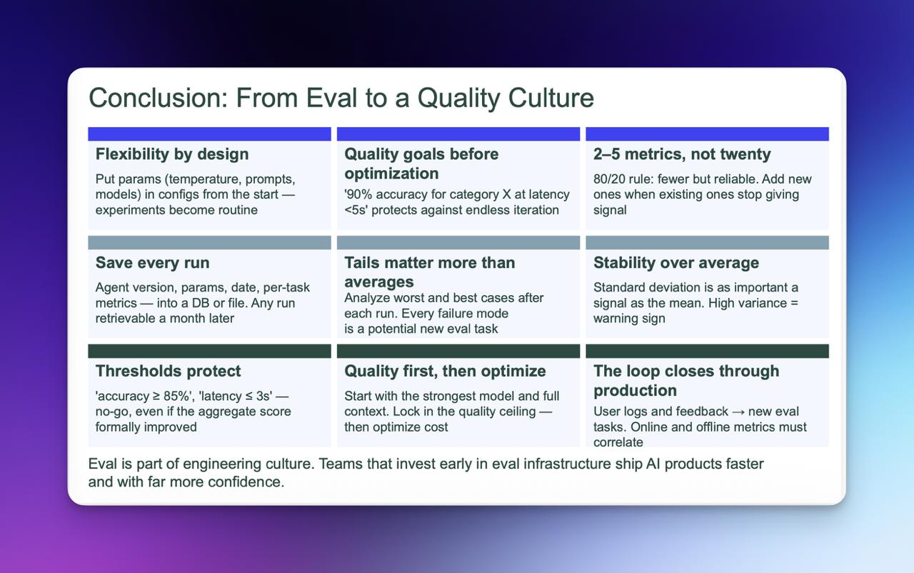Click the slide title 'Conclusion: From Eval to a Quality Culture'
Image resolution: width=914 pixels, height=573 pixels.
(x=341, y=98)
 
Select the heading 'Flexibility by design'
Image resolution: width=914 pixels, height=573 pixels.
(x=172, y=154)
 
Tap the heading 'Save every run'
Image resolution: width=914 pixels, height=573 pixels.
(x=152, y=262)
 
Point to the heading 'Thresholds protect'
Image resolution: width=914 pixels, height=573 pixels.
(x=168, y=371)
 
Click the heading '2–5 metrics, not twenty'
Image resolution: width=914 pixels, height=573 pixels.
(x=682, y=154)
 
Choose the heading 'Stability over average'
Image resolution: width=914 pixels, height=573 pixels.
(x=676, y=262)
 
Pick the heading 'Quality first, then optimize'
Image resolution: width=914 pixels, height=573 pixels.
(x=445, y=371)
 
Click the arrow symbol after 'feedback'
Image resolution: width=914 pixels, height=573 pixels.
(x=738, y=412)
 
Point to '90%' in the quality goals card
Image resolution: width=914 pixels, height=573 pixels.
(x=358, y=194)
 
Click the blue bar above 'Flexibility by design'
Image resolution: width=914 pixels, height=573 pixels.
(x=209, y=134)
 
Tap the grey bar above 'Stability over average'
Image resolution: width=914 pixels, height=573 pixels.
(x=707, y=242)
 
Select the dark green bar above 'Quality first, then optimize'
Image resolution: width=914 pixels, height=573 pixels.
(x=458, y=351)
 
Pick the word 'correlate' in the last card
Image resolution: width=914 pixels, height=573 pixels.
(x=618, y=442)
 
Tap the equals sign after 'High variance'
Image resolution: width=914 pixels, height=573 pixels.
(x=794, y=303)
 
